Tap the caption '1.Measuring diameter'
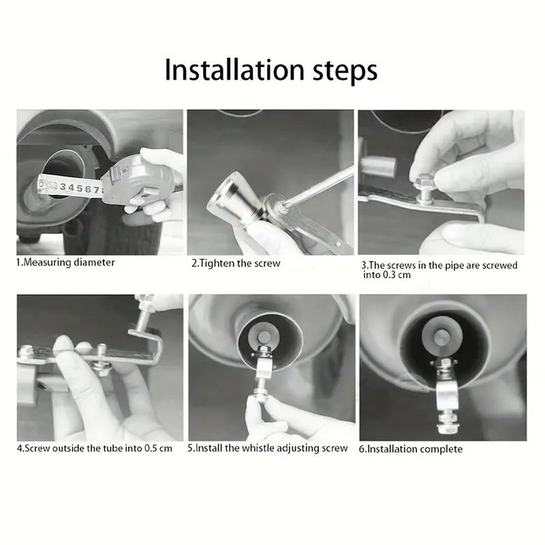65,262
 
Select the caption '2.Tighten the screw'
236,263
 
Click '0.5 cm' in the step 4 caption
158,448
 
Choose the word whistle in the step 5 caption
257,448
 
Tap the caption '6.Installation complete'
411,449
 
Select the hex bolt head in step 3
424,181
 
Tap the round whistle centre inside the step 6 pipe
441,337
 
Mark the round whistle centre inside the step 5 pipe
265,337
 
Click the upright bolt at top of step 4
144,313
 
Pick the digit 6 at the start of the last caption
362,449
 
